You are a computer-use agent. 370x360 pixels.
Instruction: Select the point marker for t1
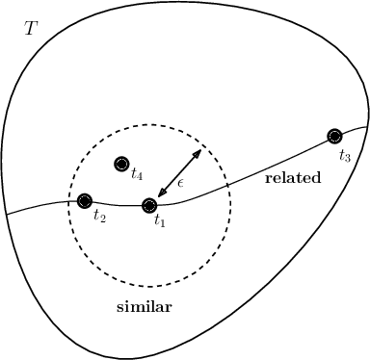[149, 205]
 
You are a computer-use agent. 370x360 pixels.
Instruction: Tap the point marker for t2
[84, 200]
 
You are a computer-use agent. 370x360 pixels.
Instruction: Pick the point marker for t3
[334, 136]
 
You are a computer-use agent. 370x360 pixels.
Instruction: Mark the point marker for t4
[120, 164]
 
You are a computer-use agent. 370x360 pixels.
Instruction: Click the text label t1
[160, 223]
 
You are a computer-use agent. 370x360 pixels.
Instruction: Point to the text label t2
[99, 216]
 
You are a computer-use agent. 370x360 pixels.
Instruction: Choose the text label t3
[345, 153]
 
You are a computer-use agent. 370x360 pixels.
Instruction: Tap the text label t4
[137, 176]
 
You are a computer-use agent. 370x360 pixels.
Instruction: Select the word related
[292, 178]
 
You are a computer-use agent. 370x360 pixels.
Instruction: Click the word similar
[144, 307]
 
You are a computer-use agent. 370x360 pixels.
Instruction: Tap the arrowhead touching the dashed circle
[198, 152]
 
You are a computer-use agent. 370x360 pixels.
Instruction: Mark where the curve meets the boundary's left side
[6, 214]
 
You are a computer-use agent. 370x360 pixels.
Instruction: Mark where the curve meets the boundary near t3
[367, 126]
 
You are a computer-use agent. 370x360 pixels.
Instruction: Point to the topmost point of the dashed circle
[149, 124]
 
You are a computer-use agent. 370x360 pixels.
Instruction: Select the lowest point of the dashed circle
[149, 286]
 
